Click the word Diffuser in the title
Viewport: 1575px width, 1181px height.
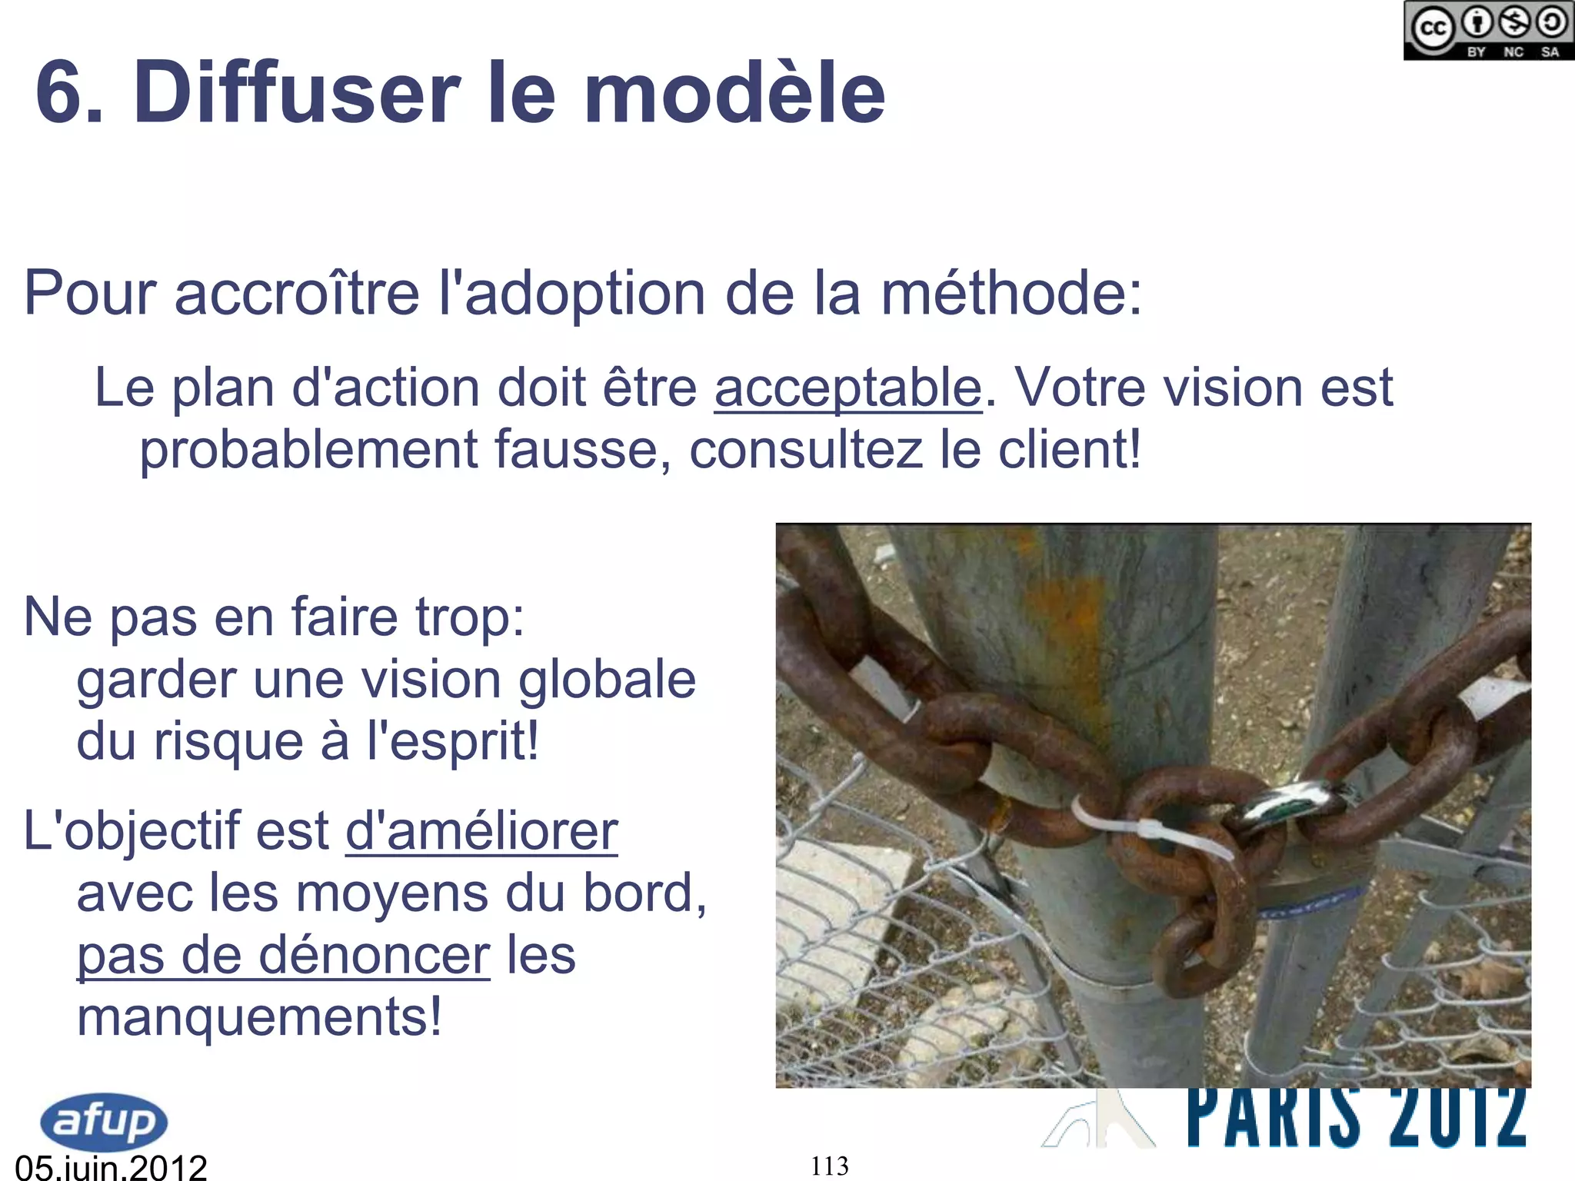click(297, 92)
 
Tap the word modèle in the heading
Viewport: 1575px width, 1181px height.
click(734, 92)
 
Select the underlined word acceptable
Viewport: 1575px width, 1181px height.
click(847, 388)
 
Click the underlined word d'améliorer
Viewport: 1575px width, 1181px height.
click(481, 831)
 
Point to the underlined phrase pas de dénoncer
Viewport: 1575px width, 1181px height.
click(283, 956)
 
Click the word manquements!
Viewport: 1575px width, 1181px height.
click(260, 1017)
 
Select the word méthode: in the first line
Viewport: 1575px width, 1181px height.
click(1011, 294)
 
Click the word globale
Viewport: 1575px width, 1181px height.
click(607, 680)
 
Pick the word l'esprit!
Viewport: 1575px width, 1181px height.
click(453, 742)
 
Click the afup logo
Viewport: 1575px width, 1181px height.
click(104, 1120)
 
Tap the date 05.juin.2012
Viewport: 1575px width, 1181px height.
click(112, 1166)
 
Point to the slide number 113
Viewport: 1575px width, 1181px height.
click(830, 1166)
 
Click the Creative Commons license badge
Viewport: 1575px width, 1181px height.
click(1487, 31)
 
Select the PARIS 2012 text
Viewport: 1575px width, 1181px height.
click(1357, 1118)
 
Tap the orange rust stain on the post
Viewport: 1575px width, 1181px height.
click(1061, 607)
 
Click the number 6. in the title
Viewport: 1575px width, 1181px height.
click(69, 92)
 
